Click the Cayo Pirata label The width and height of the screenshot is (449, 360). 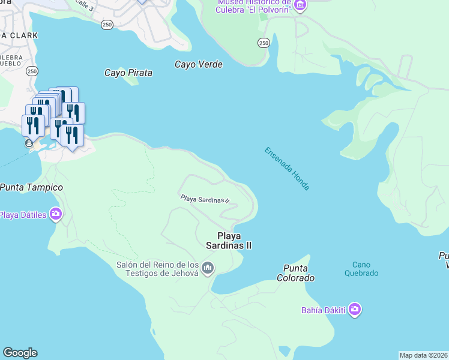tap(128, 73)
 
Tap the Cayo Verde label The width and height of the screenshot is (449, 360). tap(199, 64)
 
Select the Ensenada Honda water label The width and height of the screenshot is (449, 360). tap(287, 169)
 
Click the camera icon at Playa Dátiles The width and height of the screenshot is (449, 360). tap(56, 214)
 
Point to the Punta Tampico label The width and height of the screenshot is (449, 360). tap(31, 187)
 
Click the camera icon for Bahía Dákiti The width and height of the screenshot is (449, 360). tap(355, 310)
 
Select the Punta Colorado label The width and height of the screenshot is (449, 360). tap(295, 273)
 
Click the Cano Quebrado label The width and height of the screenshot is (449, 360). tap(361, 268)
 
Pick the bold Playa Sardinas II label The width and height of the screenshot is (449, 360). tap(234, 241)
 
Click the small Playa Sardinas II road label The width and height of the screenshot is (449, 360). tap(205, 199)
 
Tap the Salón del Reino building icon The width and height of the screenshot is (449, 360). tap(208, 267)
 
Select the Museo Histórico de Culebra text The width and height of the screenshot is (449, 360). tap(255, 6)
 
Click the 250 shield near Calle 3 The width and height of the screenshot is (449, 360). tap(107, 24)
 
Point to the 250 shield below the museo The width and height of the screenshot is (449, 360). tap(264, 43)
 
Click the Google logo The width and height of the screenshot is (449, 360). tap(20, 353)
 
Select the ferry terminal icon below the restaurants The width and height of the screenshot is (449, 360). tap(29, 143)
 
